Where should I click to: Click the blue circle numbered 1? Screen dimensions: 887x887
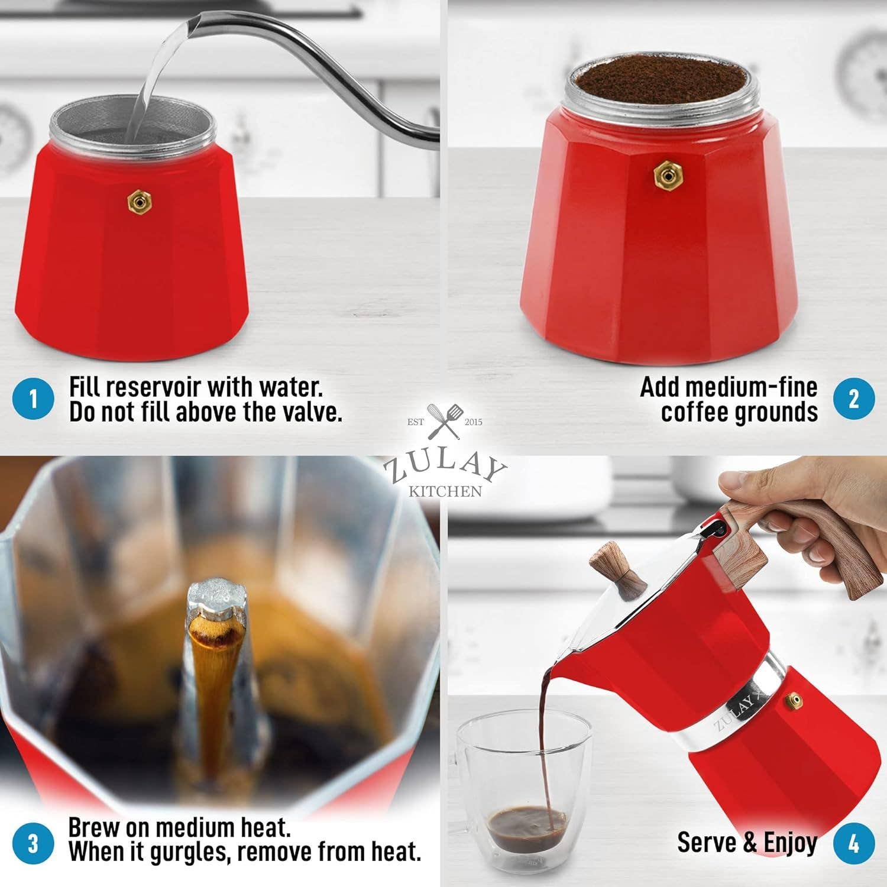click(33, 399)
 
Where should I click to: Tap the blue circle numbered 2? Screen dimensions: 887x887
click(854, 399)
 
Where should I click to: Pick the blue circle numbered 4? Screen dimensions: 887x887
click(854, 843)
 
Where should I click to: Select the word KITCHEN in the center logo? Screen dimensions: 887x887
click(445, 491)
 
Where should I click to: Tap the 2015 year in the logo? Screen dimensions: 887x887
click(474, 422)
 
